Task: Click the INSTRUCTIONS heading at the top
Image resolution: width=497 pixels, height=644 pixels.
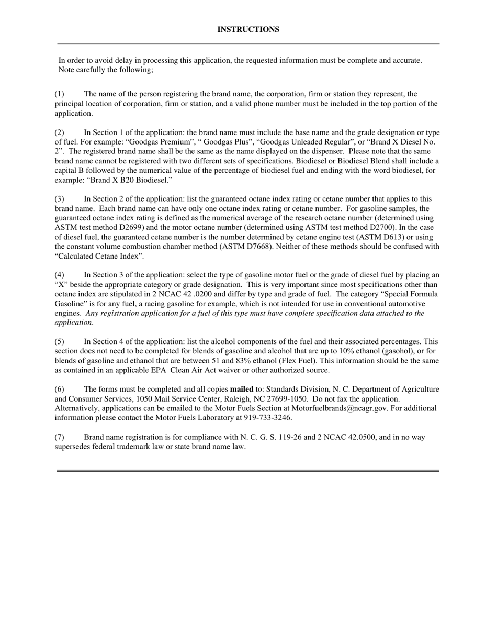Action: (248, 30)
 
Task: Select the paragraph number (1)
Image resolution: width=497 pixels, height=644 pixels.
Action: (60, 94)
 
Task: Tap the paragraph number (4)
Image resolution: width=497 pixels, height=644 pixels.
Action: (60, 275)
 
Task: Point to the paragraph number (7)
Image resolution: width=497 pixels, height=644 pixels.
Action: (60, 437)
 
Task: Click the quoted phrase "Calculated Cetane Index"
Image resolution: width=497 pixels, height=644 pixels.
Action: (99, 256)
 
